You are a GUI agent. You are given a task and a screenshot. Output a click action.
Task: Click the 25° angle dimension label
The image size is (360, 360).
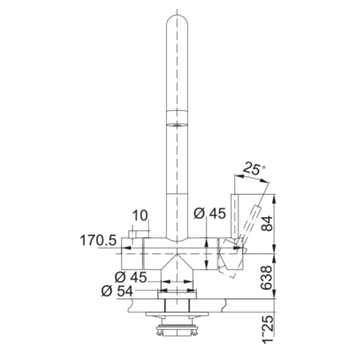click(253, 169)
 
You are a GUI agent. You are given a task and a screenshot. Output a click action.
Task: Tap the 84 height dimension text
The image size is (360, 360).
click(267, 224)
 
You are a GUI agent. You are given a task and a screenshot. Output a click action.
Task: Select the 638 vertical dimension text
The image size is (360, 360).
click(267, 278)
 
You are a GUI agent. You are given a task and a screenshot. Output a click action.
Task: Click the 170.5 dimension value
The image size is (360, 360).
click(98, 240)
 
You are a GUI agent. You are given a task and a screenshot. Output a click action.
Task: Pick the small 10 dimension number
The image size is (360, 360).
click(140, 216)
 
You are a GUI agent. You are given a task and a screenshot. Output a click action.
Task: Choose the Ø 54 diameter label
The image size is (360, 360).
click(117, 291)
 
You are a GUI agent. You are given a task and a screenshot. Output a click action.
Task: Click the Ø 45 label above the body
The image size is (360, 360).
click(210, 213)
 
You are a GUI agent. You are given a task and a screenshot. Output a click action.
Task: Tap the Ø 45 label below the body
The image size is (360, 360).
click(131, 277)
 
